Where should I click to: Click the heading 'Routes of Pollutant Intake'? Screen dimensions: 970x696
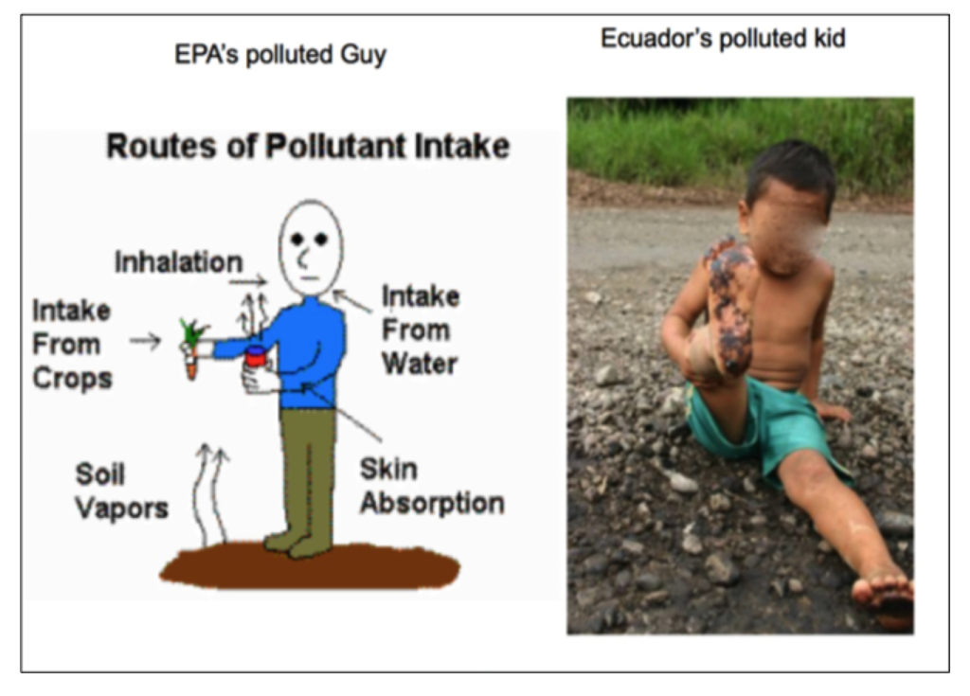pyautogui.click(x=308, y=147)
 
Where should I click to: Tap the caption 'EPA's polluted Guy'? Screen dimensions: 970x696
pyautogui.click(x=280, y=54)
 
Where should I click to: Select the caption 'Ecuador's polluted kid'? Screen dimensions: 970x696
pyautogui.click(x=723, y=39)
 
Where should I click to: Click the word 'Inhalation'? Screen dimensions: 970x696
pyautogui.click(x=179, y=262)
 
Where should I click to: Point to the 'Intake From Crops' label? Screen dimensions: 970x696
pyautogui.click(x=72, y=345)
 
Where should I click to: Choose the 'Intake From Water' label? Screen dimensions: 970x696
pyautogui.click(x=421, y=330)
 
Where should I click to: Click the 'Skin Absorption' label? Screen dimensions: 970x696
pyautogui.click(x=432, y=487)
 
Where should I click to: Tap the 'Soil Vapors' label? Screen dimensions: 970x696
pyautogui.click(x=121, y=491)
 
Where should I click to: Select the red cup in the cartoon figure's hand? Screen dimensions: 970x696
pyautogui.click(x=256, y=357)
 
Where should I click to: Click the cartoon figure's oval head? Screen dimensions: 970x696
pyautogui.click(x=310, y=247)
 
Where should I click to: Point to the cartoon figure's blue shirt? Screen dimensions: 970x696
pyautogui.click(x=303, y=350)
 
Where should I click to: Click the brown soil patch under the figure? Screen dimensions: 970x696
pyautogui.click(x=310, y=565)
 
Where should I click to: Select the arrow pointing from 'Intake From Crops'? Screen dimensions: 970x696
pyautogui.click(x=145, y=340)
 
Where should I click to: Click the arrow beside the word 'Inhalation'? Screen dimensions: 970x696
pyautogui.click(x=248, y=282)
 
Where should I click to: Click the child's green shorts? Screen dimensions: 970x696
pyautogui.click(x=767, y=429)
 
